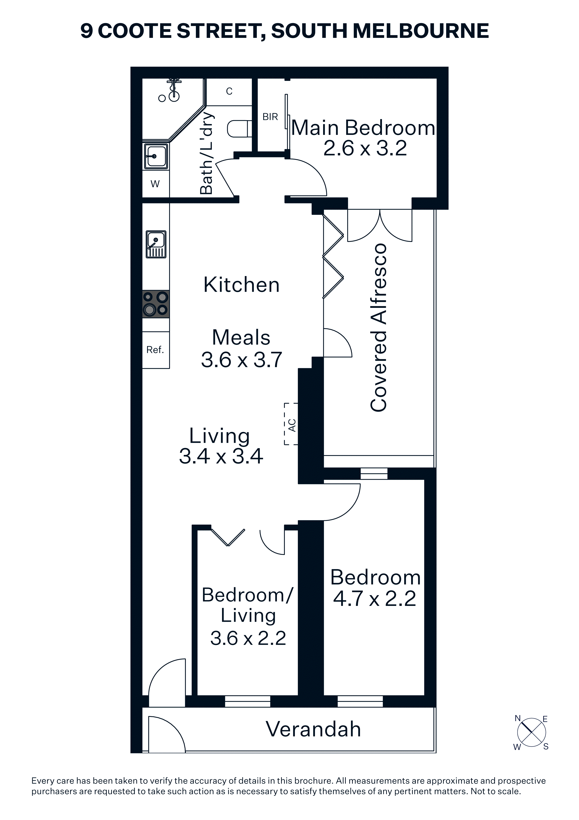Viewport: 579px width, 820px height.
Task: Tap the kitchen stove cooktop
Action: coord(156,304)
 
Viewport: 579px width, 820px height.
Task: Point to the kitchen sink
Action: coord(156,244)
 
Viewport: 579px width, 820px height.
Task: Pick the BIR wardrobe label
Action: coord(270,117)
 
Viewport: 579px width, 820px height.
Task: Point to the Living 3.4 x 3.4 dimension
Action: coord(221,456)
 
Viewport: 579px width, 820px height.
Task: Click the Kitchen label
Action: coord(241,285)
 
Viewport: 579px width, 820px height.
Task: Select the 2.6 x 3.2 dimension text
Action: coord(365,148)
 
